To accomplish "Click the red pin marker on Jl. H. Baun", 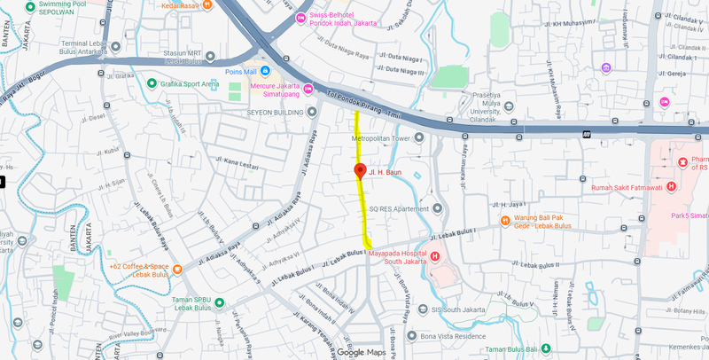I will [x=360, y=171].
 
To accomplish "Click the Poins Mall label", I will [x=239, y=71].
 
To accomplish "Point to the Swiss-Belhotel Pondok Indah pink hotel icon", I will [x=300, y=18].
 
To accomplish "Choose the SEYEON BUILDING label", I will [x=271, y=113].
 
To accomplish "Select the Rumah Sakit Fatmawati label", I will [x=627, y=187].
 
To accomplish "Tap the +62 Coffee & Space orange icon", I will [x=177, y=270].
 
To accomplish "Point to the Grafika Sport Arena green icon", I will [x=152, y=84].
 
